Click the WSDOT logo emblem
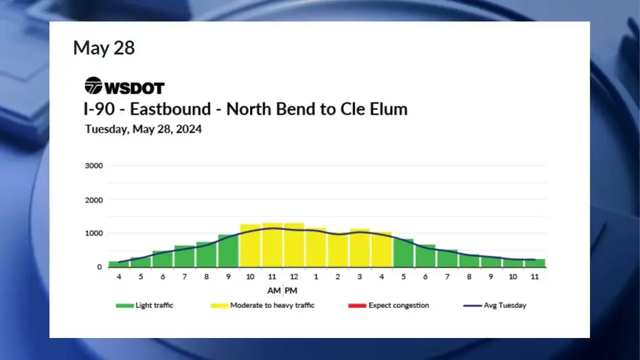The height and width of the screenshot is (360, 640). point(93,85)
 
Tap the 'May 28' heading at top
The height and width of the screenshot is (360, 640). point(104,48)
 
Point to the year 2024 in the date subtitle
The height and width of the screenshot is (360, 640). point(189,129)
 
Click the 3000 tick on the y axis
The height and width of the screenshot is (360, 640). point(93,166)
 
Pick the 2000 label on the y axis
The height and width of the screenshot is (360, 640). point(93,200)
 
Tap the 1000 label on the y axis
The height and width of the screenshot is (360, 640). point(93,233)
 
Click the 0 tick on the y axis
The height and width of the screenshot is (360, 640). point(99,267)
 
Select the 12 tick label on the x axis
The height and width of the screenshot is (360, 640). point(294,277)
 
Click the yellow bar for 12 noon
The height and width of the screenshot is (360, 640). point(294,245)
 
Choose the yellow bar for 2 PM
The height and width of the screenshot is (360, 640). point(338,250)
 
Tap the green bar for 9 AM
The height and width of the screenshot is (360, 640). point(228,251)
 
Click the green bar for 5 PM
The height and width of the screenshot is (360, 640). point(403,253)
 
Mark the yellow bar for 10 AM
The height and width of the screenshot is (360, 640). point(250,246)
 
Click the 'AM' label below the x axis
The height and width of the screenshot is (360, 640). point(274,291)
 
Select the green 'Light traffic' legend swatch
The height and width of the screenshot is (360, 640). point(124,306)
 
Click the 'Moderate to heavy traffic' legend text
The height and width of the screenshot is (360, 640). point(272,305)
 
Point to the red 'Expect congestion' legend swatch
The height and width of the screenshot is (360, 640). point(357,306)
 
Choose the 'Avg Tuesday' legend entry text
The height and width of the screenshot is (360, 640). point(505,305)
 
